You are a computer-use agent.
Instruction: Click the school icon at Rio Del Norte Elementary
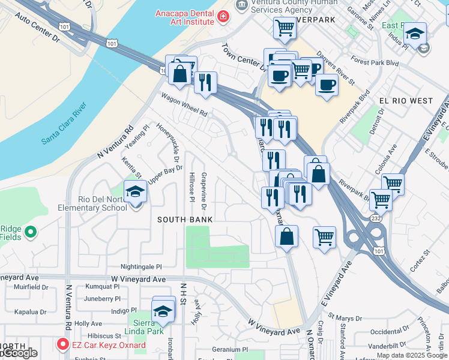(136, 192)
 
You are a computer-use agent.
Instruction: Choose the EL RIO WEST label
(406, 101)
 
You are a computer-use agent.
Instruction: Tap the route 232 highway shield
(375, 218)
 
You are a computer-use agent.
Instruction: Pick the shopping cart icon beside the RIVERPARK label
(285, 27)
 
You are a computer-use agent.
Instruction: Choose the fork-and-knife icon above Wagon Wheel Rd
(205, 82)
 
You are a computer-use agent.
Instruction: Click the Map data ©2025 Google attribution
(412, 355)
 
